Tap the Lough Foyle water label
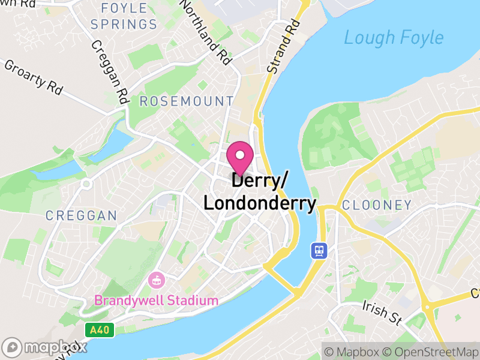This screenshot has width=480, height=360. pyautogui.click(x=394, y=37)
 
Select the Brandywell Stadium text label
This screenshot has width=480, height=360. pyautogui.click(x=156, y=300)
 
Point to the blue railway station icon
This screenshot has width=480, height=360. pyautogui.click(x=317, y=250)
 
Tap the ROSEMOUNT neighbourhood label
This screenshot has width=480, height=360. pyautogui.click(x=187, y=101)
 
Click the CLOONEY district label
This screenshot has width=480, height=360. pyautogui.click(x=377, y=205)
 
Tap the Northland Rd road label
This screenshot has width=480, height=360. pyautogui.click(x=205, y=32)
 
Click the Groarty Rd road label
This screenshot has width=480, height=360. pyautogui.click(x=34, y=77)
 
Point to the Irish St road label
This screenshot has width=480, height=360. pyautogui.click(x=382, y=313)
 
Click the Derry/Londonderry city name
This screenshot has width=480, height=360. pyautogui.click(x=259, y=192)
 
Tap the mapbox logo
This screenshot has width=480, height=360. pyautogui.click(x=46, y=346)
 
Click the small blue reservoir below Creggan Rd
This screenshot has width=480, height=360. pyautogui.click(x=118, y=143)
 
